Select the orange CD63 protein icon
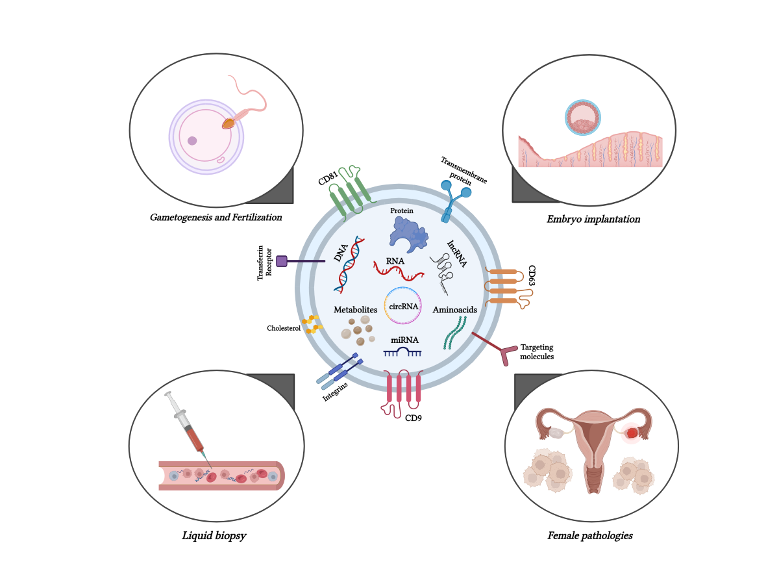[x=505, y=286]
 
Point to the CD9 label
[x=414, y=418]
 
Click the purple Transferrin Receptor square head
[x=282, y=261]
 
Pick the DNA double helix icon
[x=349, y=269]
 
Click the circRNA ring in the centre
[x=402, y=305]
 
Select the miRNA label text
[x=404, y=340]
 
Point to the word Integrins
[x=335, y=392]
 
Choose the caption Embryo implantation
[x=593, y=220]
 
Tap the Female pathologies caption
[x=589, y=536]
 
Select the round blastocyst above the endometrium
[x=582, y=118]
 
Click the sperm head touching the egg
[x=228, y=123]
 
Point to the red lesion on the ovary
[x=632, y=433]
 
